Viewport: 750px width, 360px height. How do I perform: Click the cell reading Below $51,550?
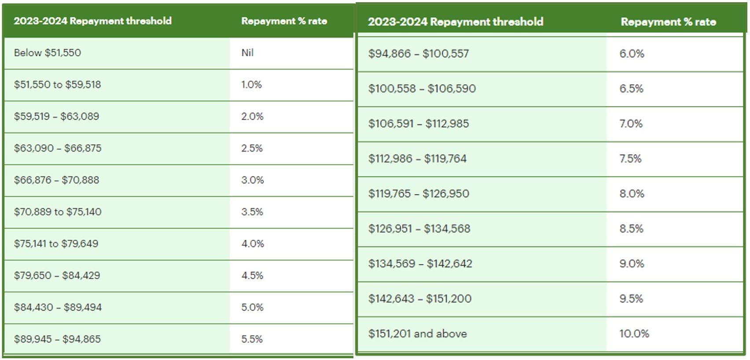click(x=48, y=53)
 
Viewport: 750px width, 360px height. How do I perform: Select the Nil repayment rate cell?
click(x=247, y=53)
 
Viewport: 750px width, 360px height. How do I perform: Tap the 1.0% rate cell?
click(x=251, y=84)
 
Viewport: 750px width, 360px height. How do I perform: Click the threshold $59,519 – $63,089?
click(x=56, y=116)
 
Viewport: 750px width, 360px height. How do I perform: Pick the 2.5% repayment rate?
click(x=252, y=148)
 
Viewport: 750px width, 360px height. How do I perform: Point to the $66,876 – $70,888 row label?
click(x=56, y=180)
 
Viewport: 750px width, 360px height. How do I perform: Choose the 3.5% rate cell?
click(x=252, y=212)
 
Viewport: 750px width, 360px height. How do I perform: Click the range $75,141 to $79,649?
click(x=56, y=244)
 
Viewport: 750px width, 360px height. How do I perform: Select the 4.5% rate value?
click(x=252, y=276)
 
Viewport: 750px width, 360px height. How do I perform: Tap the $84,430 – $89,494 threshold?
click(x=58, y=307)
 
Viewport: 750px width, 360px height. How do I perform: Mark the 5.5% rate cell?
click(x=252, y=339)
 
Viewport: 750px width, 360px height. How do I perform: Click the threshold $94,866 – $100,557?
click(x=419, y=54)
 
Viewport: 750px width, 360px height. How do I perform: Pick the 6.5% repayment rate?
click(x=631, y=88)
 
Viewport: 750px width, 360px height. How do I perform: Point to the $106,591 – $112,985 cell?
click(x=419, y=124)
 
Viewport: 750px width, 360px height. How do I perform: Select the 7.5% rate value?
click(x=630, y=158)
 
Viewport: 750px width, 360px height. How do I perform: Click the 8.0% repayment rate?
click(x=632, y=194)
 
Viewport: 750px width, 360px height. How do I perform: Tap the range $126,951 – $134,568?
click(x=419, y=229)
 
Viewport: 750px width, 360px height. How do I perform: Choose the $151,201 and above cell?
click(x=417, y=334)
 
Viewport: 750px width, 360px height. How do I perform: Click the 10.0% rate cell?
click(x=634, y=334)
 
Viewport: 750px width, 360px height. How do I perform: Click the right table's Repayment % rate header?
click(x=668, y=22)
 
